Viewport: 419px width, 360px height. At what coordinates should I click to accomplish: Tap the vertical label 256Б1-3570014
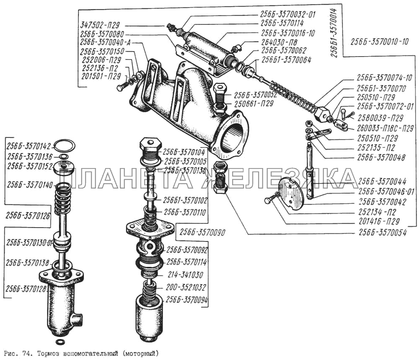(334, 31)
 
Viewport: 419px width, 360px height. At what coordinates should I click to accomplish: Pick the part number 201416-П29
(379, 221)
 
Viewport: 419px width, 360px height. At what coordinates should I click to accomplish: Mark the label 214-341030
(185, 275)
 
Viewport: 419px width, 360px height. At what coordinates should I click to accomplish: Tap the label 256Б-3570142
(28, 146)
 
